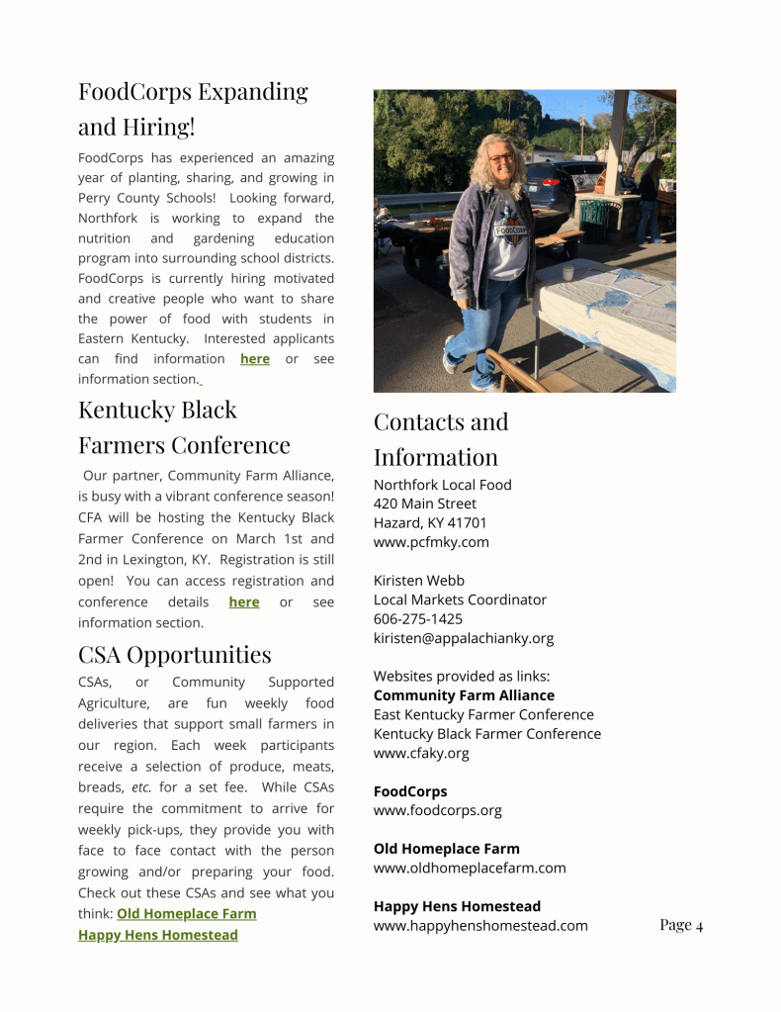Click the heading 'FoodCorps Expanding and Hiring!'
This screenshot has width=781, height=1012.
[x=193, y=109]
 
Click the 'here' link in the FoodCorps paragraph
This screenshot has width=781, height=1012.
[x=254, y=359]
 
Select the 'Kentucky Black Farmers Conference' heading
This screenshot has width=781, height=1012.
[x=184, y=426]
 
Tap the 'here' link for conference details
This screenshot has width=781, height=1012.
[x=243, y=601]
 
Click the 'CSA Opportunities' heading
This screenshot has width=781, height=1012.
[x=174, y=654]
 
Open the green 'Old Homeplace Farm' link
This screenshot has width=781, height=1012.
[x=186, y=913]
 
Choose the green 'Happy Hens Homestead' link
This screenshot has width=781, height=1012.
[x=157, y=935]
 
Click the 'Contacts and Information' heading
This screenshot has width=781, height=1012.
[x=440, y=438]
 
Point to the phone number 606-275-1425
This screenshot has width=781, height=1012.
[x=417, y=618]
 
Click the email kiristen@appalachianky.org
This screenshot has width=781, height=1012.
[x=463, y=638]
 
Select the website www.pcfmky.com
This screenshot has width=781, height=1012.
[x=431, y=542]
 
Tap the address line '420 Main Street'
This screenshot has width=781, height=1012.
[x=424, y=504]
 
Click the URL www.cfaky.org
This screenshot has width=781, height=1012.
[x=421, y=753]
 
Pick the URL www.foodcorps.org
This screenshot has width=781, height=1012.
[x=437, y=810]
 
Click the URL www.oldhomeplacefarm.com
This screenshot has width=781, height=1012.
[x=470, y=868]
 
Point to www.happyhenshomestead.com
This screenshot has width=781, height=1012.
[x=480, y=925]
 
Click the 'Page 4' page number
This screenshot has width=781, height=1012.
[x=681, y=925]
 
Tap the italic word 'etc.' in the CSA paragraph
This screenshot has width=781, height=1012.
[x=140, y=787]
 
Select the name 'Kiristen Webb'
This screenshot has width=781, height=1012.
[x=418, y=580]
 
